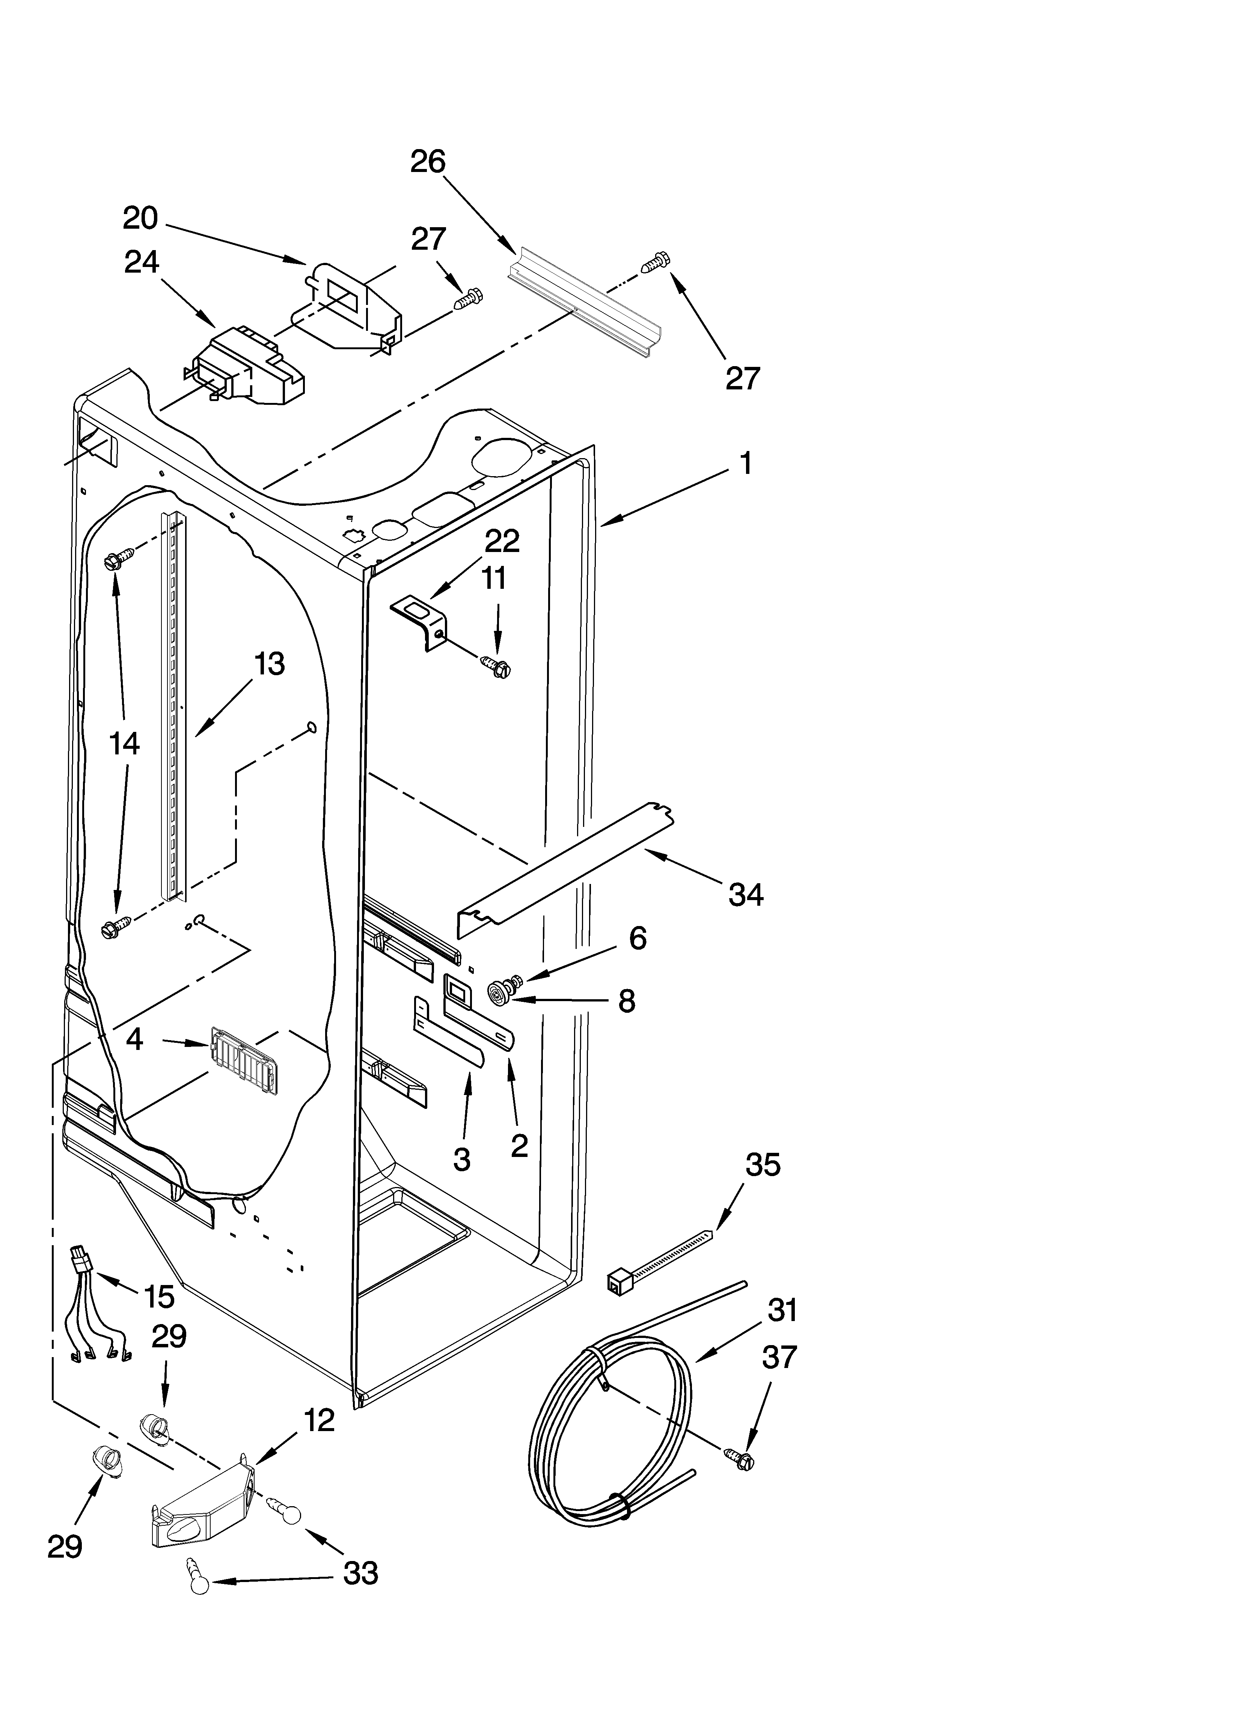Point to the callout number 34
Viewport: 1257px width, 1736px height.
click(746, 894)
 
